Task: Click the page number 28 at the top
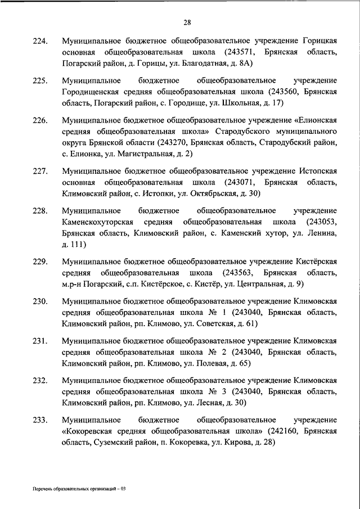tap(187, 22)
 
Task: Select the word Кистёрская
tap(316, 262)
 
